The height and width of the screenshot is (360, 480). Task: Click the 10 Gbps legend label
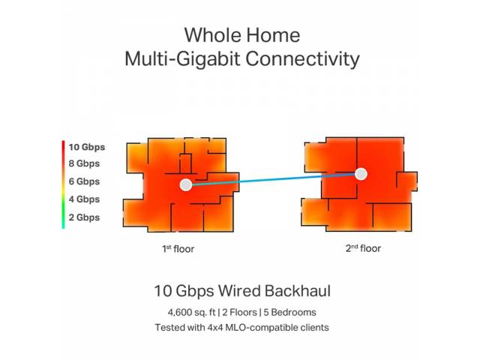[87, 147]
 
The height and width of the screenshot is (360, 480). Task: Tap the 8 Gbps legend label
[84, 163]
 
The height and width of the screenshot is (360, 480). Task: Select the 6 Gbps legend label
[84, 181]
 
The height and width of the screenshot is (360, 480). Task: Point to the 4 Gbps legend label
[84, 199]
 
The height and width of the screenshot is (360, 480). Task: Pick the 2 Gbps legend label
[84, 217]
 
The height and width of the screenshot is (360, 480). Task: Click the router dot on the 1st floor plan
[186, 185]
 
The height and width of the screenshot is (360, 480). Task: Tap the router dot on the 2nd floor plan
[361, 174]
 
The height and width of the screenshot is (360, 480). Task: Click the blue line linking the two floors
[273, 180]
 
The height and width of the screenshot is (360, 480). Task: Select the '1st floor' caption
[178, 248]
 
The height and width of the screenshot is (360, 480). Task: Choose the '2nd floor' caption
[363, 248]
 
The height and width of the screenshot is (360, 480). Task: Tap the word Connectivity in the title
[302, 58]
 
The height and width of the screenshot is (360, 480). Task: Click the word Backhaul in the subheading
[298, 291]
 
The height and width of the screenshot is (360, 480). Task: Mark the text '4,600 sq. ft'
[192, 313]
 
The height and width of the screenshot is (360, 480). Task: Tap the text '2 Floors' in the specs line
[240, 313]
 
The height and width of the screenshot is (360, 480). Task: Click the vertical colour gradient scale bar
[63, 184]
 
